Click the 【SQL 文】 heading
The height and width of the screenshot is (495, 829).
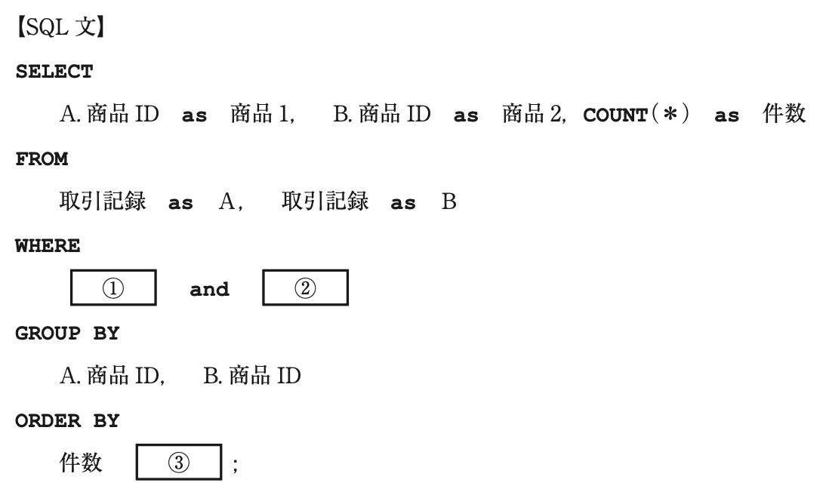point(61,27)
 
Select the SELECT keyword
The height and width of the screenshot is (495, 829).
point(54,72)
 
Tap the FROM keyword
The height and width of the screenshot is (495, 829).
point(42,159)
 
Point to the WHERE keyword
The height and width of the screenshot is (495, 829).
point(48,246)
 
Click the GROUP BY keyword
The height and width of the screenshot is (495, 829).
point(67,334)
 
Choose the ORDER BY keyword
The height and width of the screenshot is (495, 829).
point(67,421)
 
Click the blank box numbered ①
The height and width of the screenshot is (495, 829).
point(113,288)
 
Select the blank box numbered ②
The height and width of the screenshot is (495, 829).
point(305,288)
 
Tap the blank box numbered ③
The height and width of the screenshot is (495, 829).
point(179,463)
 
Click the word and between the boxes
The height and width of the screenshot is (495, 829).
point(209,289)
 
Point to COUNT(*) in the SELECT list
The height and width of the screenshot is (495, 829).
point(636,114)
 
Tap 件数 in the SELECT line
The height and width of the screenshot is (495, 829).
point(784,114)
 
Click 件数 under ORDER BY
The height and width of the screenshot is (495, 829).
point(80,463)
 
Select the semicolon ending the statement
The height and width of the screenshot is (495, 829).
point(235,465)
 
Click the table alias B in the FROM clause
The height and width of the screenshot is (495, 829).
point(449,201)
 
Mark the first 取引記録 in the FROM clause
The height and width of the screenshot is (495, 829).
point(103,201)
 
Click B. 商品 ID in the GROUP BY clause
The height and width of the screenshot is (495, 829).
point(252,376)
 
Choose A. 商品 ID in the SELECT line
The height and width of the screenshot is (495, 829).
point(109,114)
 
